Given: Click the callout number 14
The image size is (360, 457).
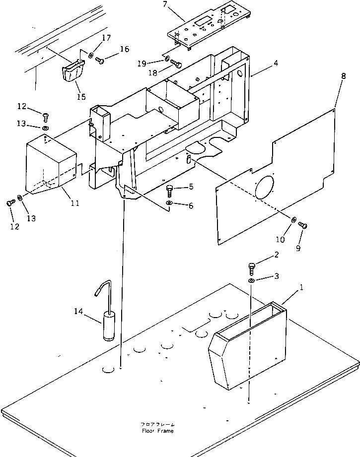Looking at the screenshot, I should point(77,311).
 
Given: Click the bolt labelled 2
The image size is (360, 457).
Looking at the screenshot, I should point(251,268).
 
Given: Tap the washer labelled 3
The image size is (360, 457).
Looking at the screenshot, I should point(252,281).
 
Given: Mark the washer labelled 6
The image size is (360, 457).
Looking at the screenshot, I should point(170,204).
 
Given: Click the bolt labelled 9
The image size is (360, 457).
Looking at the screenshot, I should point(303,226).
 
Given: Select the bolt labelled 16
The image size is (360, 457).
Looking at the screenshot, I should point(100,61).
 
